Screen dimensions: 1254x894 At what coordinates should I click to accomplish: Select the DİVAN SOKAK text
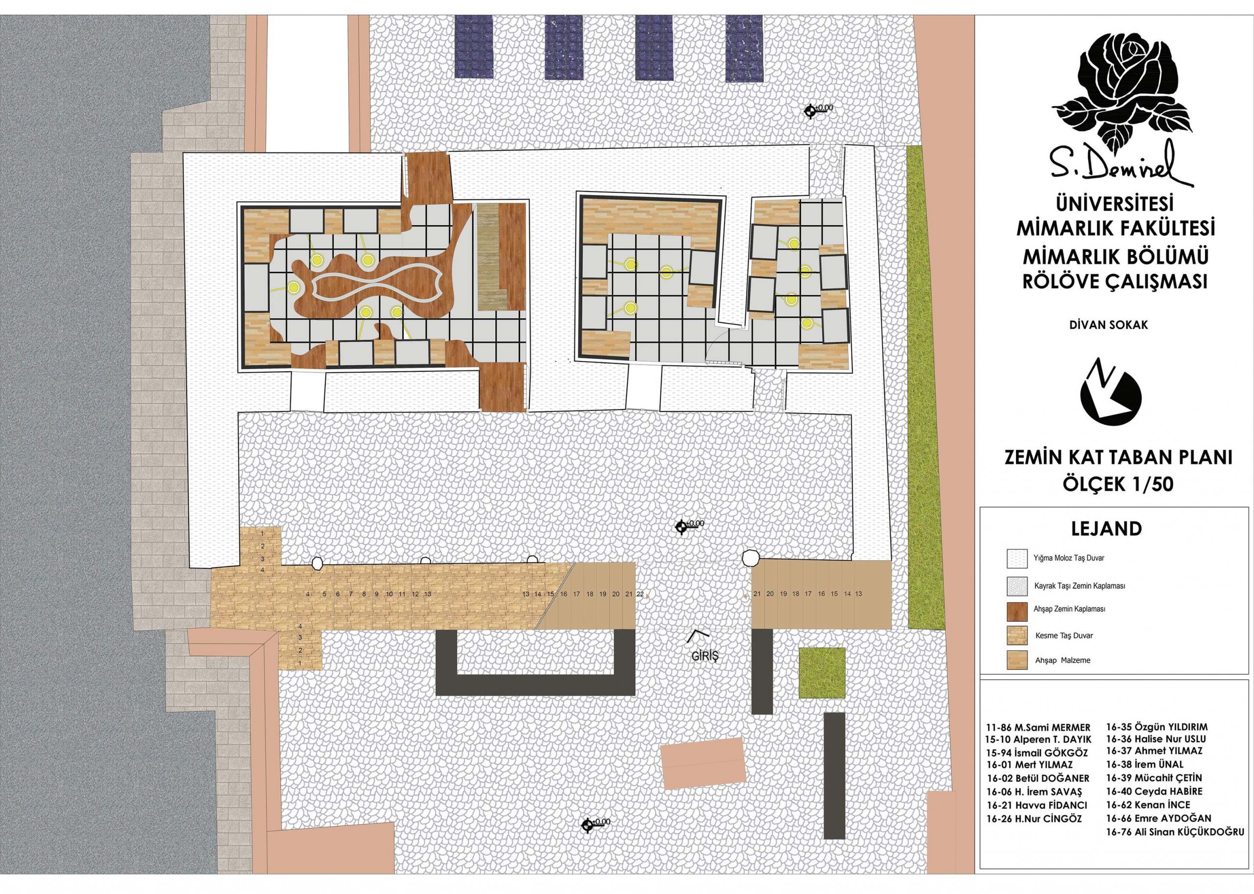(1112, 325)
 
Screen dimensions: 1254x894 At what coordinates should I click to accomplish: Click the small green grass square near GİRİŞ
(822, 673)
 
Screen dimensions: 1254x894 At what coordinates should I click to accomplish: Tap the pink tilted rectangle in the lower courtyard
(703, 765)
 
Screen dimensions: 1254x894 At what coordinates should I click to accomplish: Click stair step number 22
(640, 595)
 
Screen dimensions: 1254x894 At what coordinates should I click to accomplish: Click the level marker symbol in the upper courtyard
(811, 112)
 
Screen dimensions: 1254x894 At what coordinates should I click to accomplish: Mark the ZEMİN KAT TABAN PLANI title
(1118, 458)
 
